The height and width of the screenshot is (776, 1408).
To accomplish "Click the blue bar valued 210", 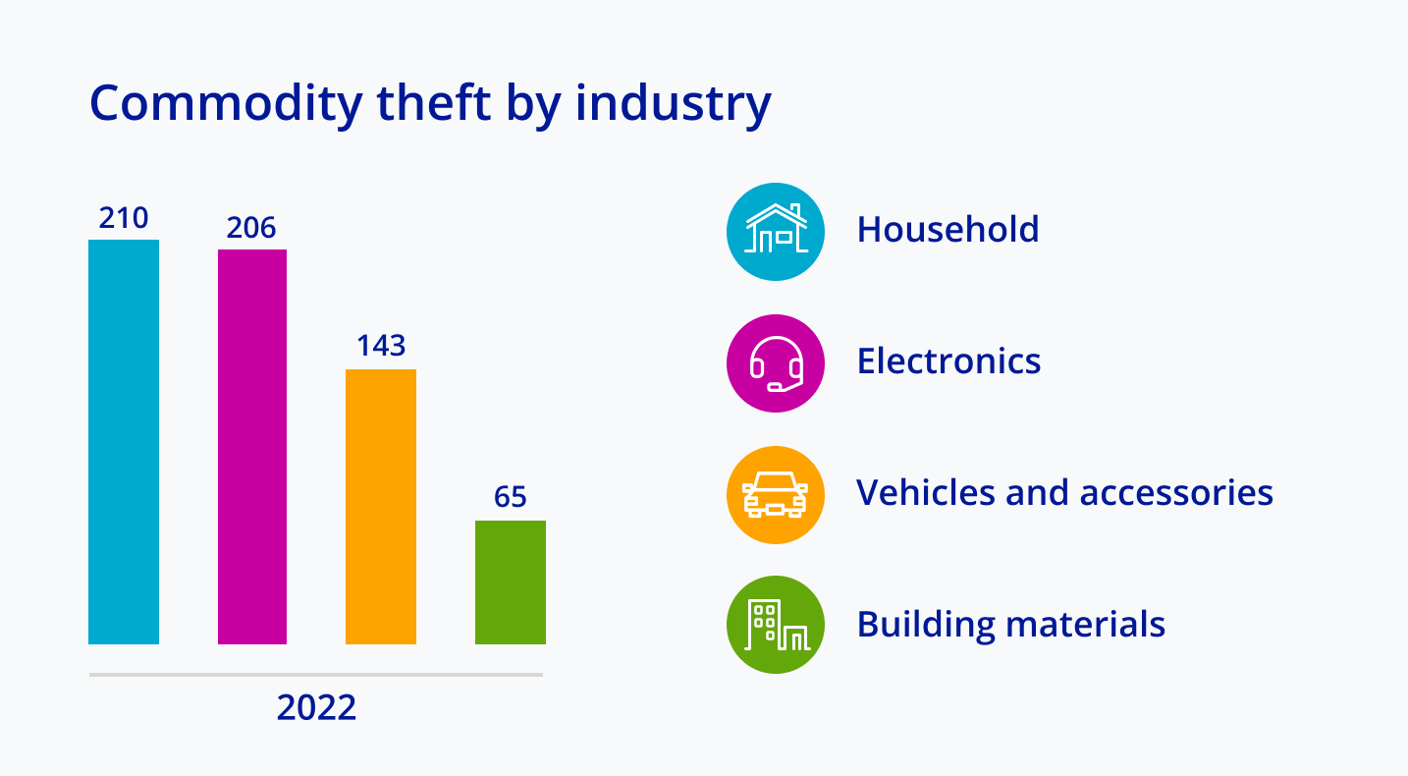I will pos(124,442).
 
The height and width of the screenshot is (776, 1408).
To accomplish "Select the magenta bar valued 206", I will pos(252,447).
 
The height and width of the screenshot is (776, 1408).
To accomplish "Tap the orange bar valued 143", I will pos(381,507).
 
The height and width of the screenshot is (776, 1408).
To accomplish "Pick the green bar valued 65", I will pos(511,582).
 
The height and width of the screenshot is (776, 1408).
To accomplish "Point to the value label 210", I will pos(124,218).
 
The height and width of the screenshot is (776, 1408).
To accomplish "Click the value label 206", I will pos(251,228).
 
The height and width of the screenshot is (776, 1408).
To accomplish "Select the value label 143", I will pos(381,346).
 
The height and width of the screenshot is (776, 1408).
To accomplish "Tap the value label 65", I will pos(511,497).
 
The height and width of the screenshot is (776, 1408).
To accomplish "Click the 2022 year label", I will pos(316,708).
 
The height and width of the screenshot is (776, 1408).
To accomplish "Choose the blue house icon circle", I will pos(776,232).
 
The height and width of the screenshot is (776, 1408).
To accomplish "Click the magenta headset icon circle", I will pos(776,363).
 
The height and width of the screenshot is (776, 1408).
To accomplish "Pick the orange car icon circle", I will pos(776,494).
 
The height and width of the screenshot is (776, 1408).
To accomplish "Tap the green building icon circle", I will pos(776,625).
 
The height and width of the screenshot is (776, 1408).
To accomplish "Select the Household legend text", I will pos(948,230).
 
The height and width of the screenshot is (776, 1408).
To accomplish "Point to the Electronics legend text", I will pos(948,361).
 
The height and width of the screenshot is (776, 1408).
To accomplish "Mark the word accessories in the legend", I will pos(1176,492).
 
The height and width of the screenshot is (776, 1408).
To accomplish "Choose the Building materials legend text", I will pos(1011,624).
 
